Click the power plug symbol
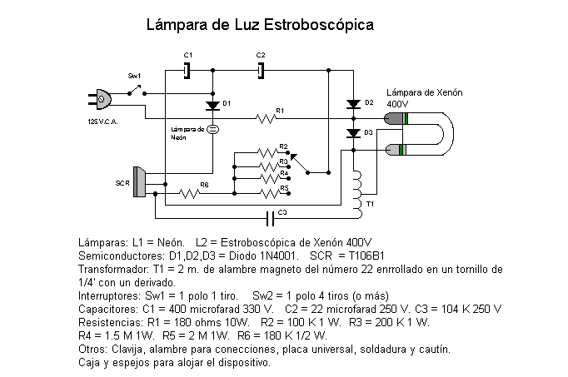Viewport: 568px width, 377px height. tap(100, 99)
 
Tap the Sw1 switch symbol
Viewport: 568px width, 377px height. tap(137, 90)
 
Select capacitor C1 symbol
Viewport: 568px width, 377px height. tap(187, 71)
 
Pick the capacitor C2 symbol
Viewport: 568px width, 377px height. tap(261, 71)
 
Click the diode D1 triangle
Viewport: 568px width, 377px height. tap(212, 106)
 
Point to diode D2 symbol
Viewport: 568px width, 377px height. tap(354, 105)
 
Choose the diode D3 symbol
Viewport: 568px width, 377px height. tap(354, 133)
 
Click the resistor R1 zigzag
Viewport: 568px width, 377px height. tap(267, 118)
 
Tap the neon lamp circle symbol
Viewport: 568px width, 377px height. tap(212, 129)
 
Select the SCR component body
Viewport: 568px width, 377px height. tap(139, 181)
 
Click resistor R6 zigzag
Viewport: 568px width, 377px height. tap(189, 194)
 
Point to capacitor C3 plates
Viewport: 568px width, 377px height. tap(270, 219)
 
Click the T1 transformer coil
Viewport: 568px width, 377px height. tap(357, 195)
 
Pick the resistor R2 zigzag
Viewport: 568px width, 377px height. tap(268, 152)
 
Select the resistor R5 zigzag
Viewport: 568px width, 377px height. tap(270, 194)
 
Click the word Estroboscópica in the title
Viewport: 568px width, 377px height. tap(319, 25)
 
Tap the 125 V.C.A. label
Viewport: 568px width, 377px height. tap(103, 122)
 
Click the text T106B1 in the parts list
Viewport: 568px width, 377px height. tap(366, 255)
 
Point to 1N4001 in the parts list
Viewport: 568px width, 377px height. tap(278, 255)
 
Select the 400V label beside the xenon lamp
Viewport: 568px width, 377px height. tap(397, 104)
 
